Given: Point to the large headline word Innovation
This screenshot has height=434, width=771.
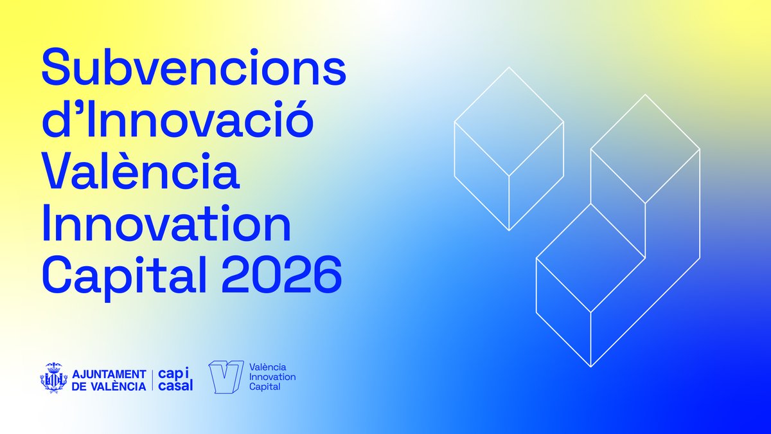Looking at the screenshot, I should (x=166, y=225).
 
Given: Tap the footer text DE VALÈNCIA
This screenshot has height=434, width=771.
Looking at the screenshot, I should (x=109, y=386).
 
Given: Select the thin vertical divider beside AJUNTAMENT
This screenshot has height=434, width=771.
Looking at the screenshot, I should (x=152, y=379).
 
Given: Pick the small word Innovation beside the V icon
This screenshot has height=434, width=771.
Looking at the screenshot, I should (x=272, y=377).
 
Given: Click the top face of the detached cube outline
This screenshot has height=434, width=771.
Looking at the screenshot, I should (x=509, y=121).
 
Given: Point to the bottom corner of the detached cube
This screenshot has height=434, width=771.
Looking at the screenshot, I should (x=509, y=230).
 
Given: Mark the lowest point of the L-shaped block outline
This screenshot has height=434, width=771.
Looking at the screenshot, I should (x=590, y=366).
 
